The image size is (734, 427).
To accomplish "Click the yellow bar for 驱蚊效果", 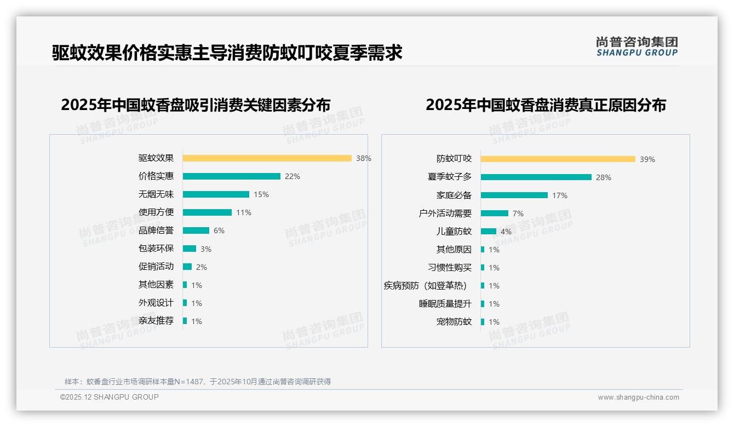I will pyautogui.click(x=267, y=158).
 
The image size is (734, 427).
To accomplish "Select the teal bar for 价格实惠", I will pyautogui.click(x=231, y=176).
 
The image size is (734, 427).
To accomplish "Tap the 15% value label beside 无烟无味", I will pyautogui.click(x=261, y=194).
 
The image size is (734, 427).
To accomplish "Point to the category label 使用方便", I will pyautogui.click(x=156, y=212).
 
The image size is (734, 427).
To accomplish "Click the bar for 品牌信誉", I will pyautogui.click(x=196, y=230).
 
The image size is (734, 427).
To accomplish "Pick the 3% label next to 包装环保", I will pyautogui.click(x=205, y=249).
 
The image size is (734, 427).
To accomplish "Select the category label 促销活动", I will pyautogui.click(x=156, y=267).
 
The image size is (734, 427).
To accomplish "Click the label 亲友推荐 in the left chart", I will pyautogui.click(x=156, y=321).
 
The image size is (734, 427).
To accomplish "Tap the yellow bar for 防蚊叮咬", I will pyautogui.click(x=558, y=159).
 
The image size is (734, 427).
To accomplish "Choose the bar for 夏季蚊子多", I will pyautogui.click(x=536, y=177).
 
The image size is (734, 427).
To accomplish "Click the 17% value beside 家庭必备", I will pyautogui.click(x=560, y=195).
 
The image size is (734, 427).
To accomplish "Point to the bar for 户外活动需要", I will pyautogui.click(x=494, y=214).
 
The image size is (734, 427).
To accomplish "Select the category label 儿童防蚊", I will pyautogui.click(x=454, y=232).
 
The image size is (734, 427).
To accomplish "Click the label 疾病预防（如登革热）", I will pyautogui.click(x=426, y=286).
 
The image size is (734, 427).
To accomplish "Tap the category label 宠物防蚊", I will pyautogui.click(x=454, y=322).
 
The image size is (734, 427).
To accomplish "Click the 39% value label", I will pyautogui.click(x=647, y=159).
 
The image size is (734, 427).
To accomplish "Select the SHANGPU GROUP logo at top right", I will pyautogui.click(x=637, y=47).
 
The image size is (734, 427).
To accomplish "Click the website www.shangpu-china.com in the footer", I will pyautogui.click(x=638, y=397).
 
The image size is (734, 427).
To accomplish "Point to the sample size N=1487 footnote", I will pyautogui.click(x=197, y=382).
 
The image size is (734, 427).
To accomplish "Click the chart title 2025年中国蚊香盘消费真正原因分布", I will pyautogui.click(x=546, y=105).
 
